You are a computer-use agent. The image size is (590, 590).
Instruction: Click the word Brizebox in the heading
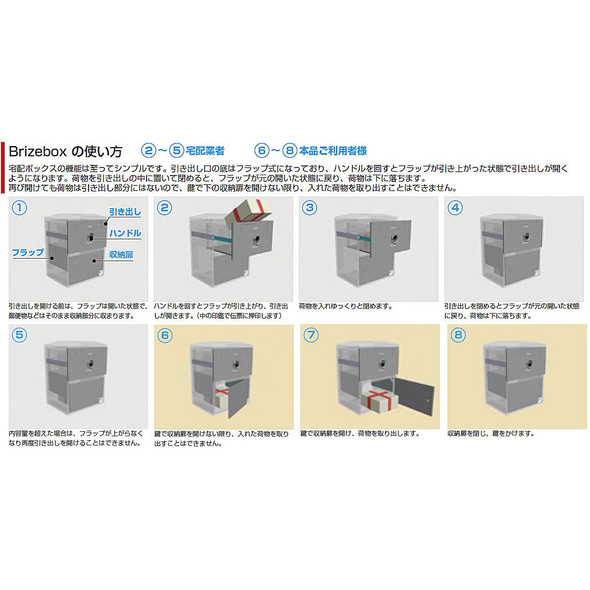click(x=38, y=151)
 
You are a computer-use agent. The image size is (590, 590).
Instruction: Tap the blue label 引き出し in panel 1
click(x=125, y=212)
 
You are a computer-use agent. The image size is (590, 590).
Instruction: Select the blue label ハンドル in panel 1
click(x=125, y=233)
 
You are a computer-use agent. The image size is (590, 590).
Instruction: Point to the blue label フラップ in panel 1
click(x=28, y=252)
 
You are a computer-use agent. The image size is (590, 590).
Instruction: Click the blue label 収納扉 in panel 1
click(x=121, y=255)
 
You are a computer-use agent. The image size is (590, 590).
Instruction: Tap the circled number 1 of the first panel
click(x=19, y=208)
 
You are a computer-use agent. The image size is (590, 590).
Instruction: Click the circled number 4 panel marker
click(x=455, y=208)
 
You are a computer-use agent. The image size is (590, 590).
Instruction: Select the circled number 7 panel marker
click(x=311, y=335)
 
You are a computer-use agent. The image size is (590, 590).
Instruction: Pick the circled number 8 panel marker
click(x=458, y=335)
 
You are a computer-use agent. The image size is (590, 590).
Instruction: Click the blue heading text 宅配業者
click(x=205, y=151)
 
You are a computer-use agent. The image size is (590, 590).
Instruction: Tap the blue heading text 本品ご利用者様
click(x=332, y=151)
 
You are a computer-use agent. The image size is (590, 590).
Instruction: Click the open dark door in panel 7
click(x=414, y=396)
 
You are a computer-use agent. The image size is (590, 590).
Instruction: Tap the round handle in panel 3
click(x=395, y=239)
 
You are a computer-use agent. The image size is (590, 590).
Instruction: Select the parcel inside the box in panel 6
click(x=223, y=395)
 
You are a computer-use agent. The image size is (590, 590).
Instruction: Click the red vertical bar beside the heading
click(x=3, y=168)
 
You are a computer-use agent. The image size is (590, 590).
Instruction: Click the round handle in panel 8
click(x=529, y=364)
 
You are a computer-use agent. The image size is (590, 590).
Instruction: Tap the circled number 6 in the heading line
click(x=262, y=151)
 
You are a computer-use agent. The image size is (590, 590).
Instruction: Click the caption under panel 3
click(x=346, y=306)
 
